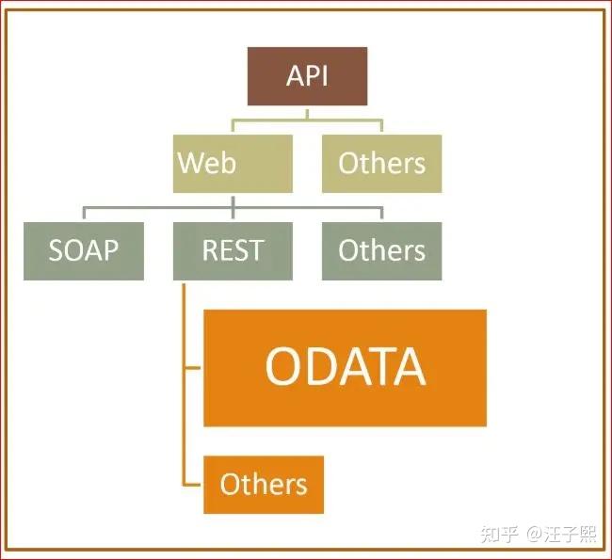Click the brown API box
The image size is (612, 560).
click(x=307, y=75)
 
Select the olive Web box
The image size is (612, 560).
click(x=233, y=163)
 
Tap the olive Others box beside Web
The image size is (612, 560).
click(x=381, y=163)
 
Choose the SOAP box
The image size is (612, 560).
click(x=84, y=250)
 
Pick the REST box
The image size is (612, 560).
click(x=233, y=250)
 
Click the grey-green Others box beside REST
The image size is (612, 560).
click(x=381, y=250)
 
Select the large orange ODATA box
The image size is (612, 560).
click(x=345, y=367)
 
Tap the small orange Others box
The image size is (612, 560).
click(x=264, y=484)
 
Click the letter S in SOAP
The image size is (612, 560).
click(x=56, y=251)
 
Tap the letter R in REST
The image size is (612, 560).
click(x=209, y=251)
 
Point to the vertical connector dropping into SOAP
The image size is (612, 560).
click(x=84, y=214)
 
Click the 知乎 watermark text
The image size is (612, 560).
click(x=498, y=535)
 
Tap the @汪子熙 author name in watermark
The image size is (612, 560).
click(x=561, y=535)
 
